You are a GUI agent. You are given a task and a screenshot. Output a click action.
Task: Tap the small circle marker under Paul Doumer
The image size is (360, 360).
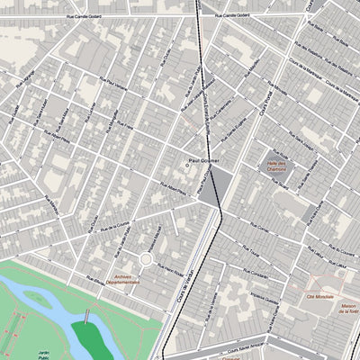[188, 166]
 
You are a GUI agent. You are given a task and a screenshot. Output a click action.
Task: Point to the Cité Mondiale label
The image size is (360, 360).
[320, 296]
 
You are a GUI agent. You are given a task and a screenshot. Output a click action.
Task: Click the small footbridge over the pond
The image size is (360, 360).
[85, 316]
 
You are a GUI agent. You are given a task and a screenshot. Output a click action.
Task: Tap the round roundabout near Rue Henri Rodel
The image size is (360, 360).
[145, 259]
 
